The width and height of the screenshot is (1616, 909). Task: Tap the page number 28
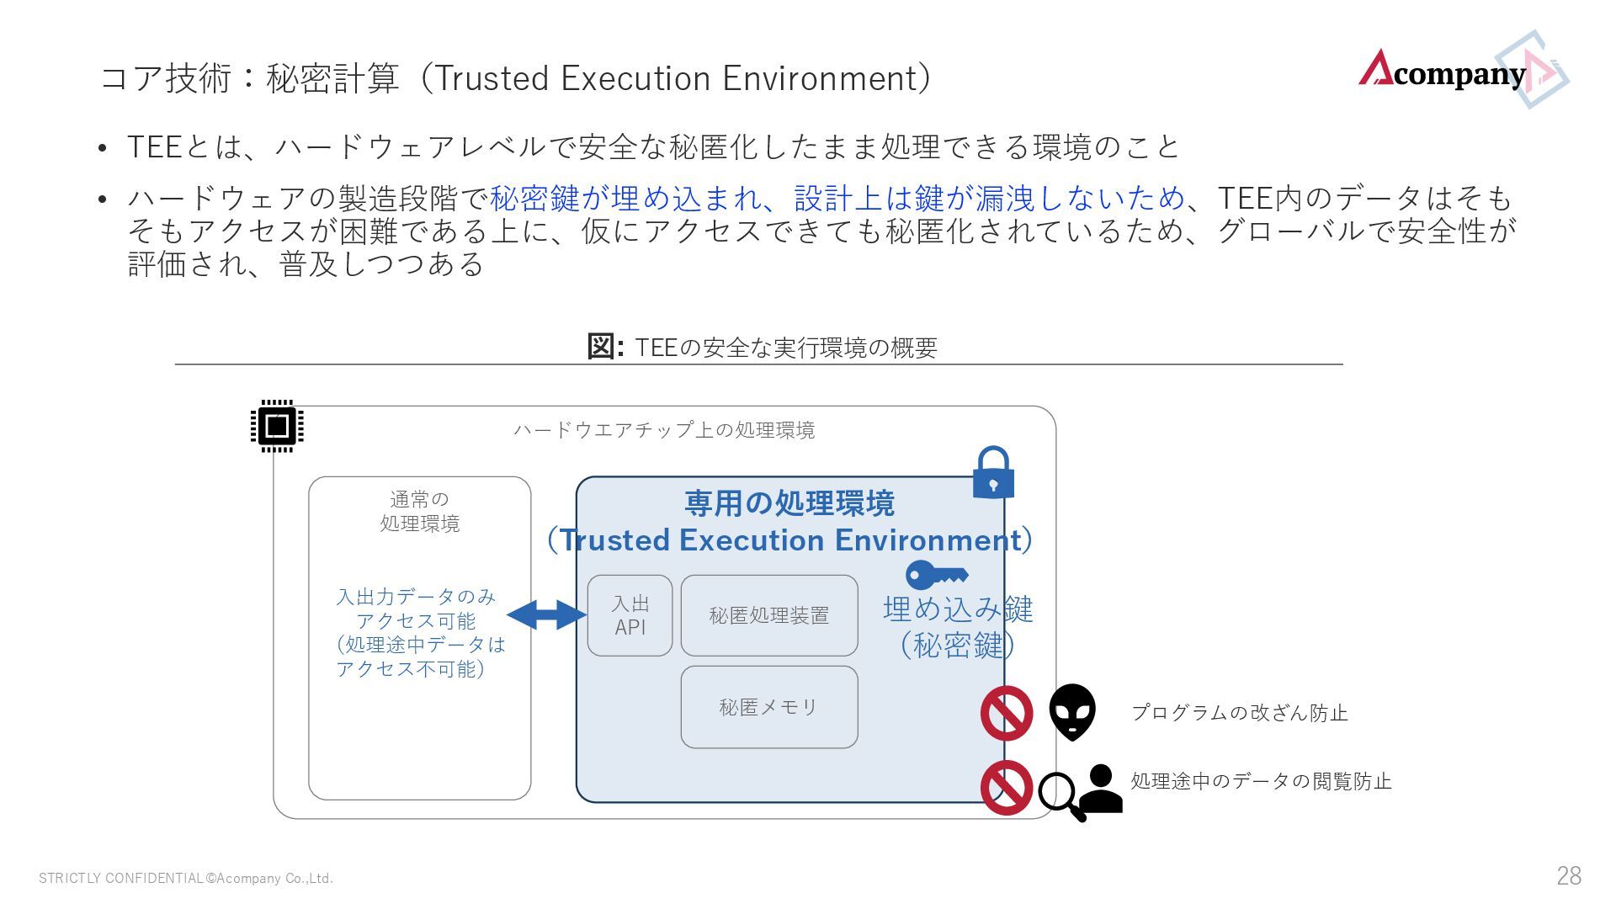coord(1569,876)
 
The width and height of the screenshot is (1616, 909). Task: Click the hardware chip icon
coord(277,426)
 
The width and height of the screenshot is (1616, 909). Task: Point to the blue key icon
coord(936,575)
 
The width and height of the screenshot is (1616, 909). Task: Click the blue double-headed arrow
coord(546,615)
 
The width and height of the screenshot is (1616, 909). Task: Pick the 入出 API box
coord(630,615)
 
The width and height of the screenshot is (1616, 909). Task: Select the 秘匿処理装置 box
coord(768,615)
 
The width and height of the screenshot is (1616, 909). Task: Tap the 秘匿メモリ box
coord(768,707)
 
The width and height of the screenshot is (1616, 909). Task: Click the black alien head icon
coord(1072,712)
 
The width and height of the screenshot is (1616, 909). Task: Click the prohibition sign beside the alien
coord(1007,713)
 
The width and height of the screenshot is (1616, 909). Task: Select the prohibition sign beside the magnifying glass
coord(1007,788)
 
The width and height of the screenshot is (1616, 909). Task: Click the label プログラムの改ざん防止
coord(1239,713)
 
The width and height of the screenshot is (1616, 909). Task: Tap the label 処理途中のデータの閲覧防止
coord(1261,781)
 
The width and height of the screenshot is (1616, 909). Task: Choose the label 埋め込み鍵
coord(958,609)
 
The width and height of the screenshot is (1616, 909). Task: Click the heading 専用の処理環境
coord(789,503)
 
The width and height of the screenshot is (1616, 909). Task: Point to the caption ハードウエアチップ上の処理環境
coord(664,430)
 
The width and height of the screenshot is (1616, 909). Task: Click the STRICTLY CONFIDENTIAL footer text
coord(186,879)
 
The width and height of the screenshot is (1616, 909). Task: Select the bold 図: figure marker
coord(604,346)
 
